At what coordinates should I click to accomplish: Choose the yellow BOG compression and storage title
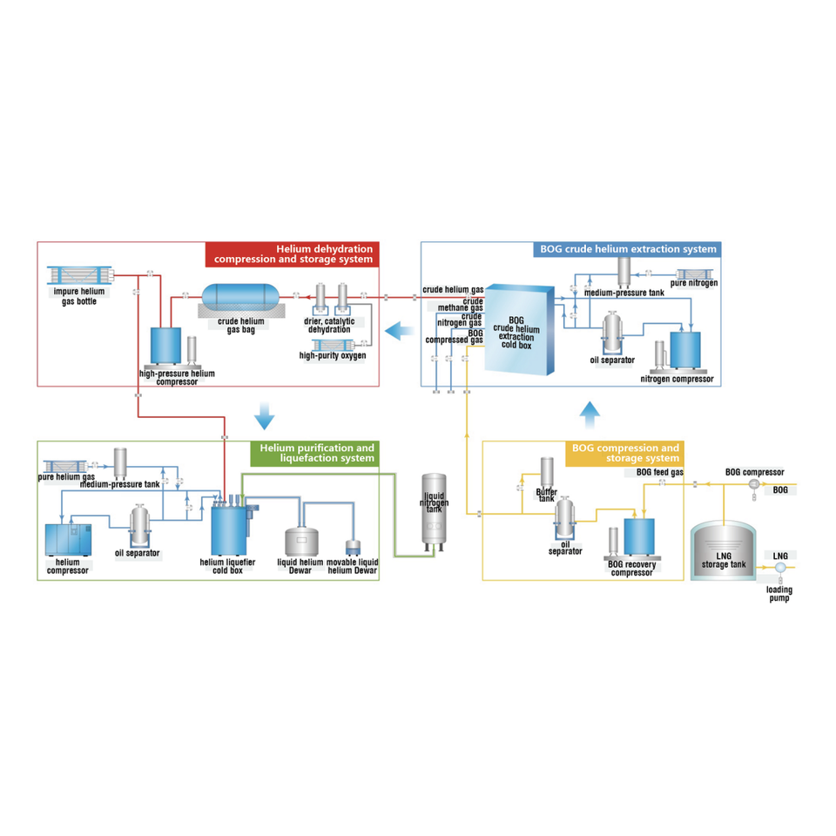click(626, 453)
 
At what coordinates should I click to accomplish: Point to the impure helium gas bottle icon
click(79, 278)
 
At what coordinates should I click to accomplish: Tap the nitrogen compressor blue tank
click(688, 350)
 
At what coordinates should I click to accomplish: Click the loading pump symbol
click(779, 569)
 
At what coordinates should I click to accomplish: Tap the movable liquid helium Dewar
click(354, 549)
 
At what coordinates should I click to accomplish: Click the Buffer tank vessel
click(548, 473)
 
